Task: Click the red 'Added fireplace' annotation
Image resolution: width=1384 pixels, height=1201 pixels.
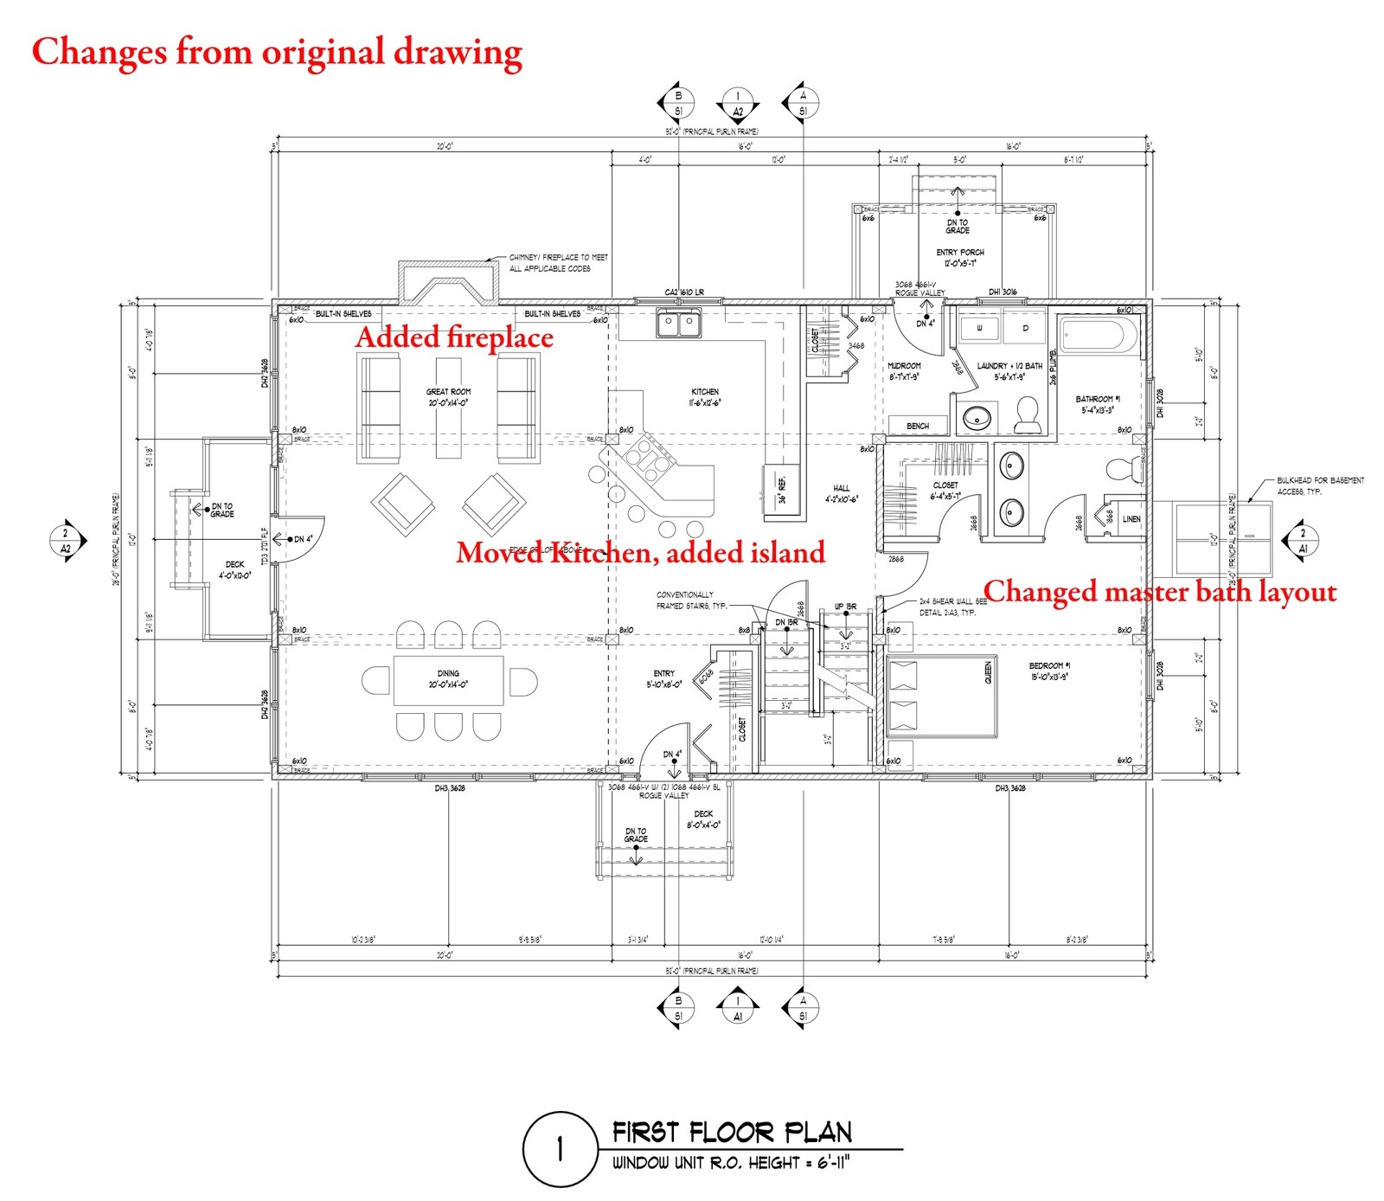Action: pyautogui.click(x=454, y=337)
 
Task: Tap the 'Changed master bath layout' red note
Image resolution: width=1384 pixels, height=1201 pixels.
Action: pyautogui.click(x=1159, y=592)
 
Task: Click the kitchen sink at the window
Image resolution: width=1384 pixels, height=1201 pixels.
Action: pyautogui.click(x=678, y=324)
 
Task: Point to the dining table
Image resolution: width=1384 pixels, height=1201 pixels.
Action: pyautogui.click(x=448, y=680)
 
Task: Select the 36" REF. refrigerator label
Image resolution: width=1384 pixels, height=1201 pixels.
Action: pyautogui.click(x=782, y=491)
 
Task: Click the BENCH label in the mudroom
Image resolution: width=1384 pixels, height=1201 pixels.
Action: pyautogui.click(x=918, y=426)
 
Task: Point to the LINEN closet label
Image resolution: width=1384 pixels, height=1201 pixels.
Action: pyautogui.click(x=1131, y=519)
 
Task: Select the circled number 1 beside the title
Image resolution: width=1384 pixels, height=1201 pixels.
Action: pyautogui.click(x=560, y=1149)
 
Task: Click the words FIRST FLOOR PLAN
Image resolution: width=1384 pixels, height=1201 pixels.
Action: pyautogui.click(x=732, y=1132)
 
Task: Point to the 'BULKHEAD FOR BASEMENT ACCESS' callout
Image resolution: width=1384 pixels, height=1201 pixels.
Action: pyautogui.click(x=1319, y=485)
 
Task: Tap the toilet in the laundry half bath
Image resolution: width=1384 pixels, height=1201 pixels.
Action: pyautogui.click(x=1028, y=416)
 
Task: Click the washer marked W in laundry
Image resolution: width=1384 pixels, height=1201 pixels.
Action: pyautogui.click(x=979, y=329)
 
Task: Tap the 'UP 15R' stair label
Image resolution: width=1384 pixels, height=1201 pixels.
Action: pyautogui.click(x=845, y=607)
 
